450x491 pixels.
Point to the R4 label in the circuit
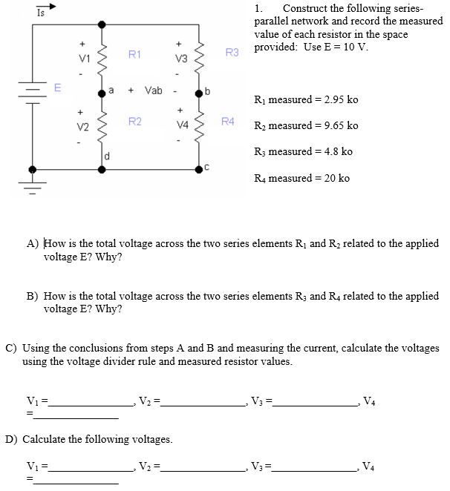pos(227,120)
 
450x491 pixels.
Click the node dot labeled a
pos(101,93)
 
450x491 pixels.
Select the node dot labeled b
pos(199,93)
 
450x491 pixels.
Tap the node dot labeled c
pos(199,169)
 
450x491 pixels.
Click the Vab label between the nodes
pos(152,90)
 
